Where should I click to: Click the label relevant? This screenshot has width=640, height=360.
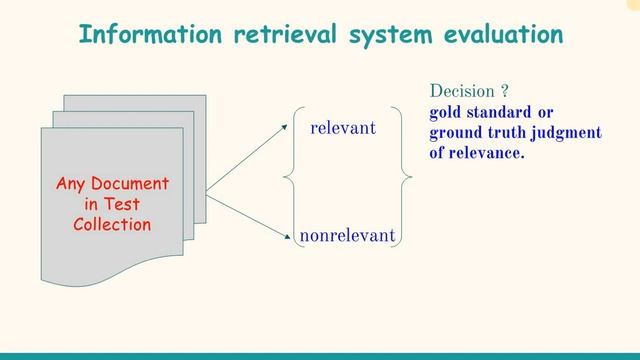coord(342,128)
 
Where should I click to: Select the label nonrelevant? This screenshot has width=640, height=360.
coord(347,236)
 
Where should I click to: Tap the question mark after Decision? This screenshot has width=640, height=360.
coord(505,91)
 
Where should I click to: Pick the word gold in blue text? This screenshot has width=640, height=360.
coord(447,112)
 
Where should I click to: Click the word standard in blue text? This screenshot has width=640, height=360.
coord(502,112)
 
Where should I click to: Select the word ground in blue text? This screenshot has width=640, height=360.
coord(456,133)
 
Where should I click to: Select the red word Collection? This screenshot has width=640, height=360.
coord(112,224)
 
